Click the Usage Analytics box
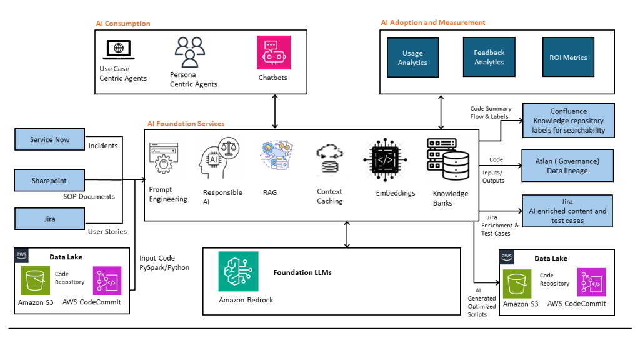(x=412, y=58)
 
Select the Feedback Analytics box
(x=489, y=57)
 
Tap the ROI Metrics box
(x=568, y=57)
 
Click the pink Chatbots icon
(x=274, y=52)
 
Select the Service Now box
(x=49, y=139)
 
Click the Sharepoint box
(x=49, y=181)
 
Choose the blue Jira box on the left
(x=49, y=219)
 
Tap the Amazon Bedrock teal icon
(x=238, y=271)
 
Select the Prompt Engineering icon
(x=164, y=160)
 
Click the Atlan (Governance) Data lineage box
(x=567, y=166)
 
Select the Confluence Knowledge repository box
(x=568, y=121)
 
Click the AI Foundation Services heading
(x=186, y=124)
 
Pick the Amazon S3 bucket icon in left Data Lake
(x=35, y=281)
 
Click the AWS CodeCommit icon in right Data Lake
(x=591, y=282)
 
